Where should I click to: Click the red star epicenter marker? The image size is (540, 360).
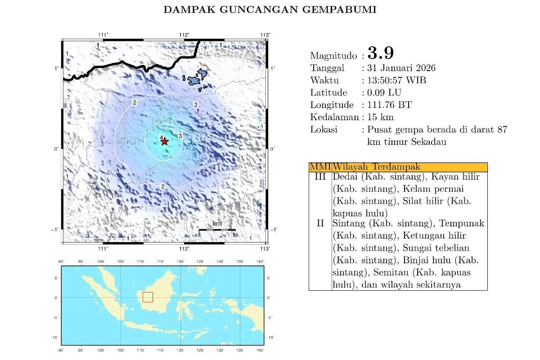coord(165,141)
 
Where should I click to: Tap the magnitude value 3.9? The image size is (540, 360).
coord(381,53)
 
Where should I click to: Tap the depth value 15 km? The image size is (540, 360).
coord(381,117)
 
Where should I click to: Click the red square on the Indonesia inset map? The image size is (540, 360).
coord(148,297)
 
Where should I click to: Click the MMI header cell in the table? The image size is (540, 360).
coord(320,167)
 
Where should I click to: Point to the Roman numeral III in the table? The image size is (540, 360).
coord(320,177)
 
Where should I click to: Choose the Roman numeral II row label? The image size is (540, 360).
coord(320,223)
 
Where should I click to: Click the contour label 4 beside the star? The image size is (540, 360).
coord(161,138)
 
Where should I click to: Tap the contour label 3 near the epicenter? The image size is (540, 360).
coord(180,136)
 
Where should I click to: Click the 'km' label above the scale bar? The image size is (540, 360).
coord(217,224)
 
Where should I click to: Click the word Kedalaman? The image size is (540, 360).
coord(335,117)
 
